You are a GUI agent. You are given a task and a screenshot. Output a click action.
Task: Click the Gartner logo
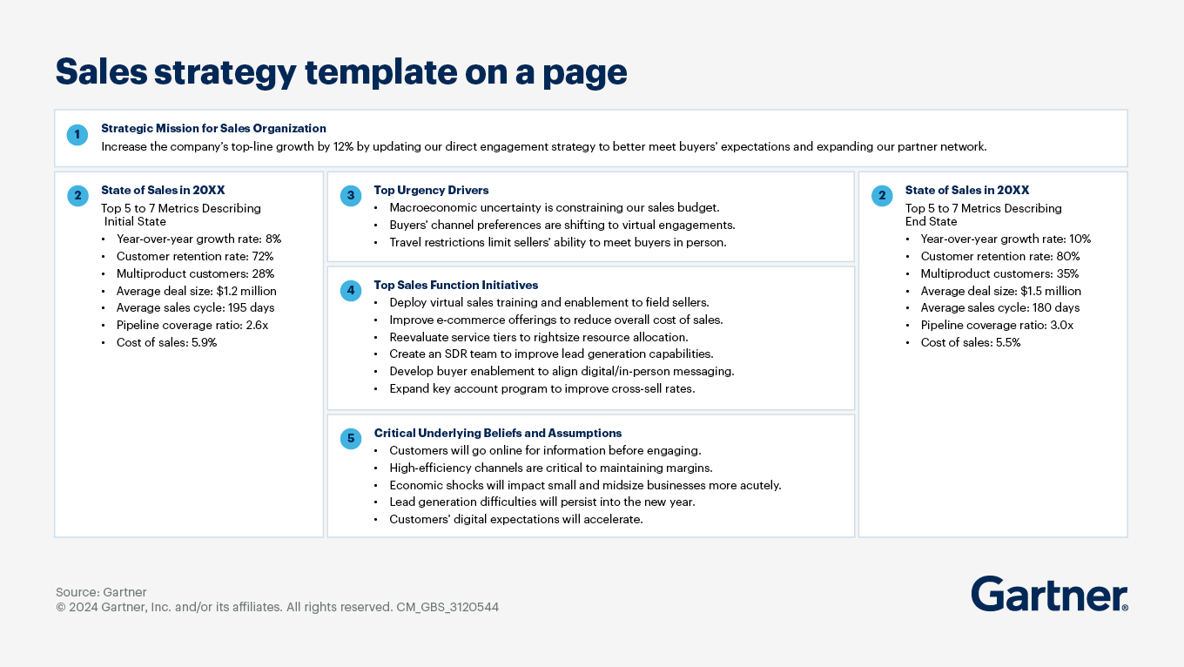1049,594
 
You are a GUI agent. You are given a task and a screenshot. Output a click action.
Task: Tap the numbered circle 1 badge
77,135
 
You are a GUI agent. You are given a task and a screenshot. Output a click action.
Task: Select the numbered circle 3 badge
351,196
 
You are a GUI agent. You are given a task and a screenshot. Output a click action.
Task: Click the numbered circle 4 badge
351,291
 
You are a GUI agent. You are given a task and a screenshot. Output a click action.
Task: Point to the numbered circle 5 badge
351,439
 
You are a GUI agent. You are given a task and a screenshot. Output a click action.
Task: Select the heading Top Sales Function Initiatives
455,285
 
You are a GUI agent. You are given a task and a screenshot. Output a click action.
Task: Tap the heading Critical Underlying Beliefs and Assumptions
497,433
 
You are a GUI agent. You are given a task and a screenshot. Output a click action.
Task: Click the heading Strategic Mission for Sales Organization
213,128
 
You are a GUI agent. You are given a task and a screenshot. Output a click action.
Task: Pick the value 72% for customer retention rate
262,256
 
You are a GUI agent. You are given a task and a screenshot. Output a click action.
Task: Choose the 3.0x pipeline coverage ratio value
1060,325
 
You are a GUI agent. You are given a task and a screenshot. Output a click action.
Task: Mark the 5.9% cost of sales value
204,342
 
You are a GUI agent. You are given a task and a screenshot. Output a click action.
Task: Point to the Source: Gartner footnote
101,592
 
